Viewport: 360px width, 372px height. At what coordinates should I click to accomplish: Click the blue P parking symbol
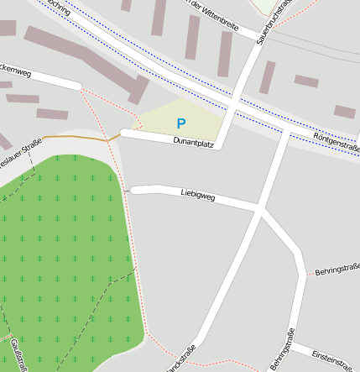coord(180,123)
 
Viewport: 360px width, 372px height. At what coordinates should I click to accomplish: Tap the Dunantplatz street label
coord(194,144)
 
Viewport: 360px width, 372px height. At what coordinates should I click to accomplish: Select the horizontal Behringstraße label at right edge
coord(337,270)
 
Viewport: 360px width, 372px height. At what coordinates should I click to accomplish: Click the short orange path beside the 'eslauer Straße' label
coord(76,136)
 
